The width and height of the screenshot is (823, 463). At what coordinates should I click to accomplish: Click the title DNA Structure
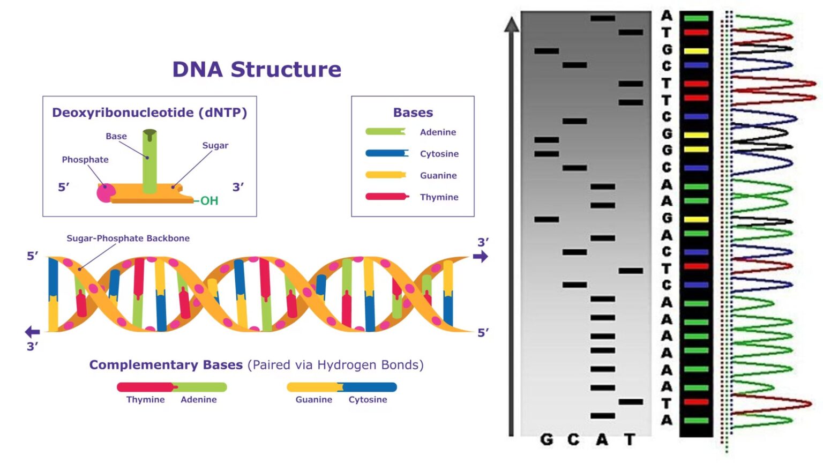(256, 70)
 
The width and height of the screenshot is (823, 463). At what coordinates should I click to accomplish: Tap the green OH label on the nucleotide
(209, 201)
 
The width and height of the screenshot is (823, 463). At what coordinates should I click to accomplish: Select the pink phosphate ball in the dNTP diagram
(105, 192)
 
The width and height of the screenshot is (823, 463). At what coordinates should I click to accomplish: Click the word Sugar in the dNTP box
(215, 145)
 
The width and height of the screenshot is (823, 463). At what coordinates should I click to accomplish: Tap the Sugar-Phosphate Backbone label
(128, 238)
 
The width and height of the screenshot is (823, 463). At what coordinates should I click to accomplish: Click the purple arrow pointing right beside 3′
(481, 257)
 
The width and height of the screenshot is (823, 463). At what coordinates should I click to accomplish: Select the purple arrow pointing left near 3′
(33, 332)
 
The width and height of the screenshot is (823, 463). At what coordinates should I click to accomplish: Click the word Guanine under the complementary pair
(313, 400)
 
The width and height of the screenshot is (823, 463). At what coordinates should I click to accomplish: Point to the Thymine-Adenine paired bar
(172, 387)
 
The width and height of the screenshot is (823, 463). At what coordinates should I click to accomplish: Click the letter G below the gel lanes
(547, 440)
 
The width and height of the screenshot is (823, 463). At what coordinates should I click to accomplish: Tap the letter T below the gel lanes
(630, 440)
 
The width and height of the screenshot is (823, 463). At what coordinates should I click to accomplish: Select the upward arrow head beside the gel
(512, 25)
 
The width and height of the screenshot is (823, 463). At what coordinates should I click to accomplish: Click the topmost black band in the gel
(602, 18)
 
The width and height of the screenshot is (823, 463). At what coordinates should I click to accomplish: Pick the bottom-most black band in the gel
(602, 416)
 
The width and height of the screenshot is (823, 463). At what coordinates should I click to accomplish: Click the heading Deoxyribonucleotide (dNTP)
(149, 113)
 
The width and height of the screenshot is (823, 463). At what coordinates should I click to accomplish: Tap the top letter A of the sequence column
(667, 16)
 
